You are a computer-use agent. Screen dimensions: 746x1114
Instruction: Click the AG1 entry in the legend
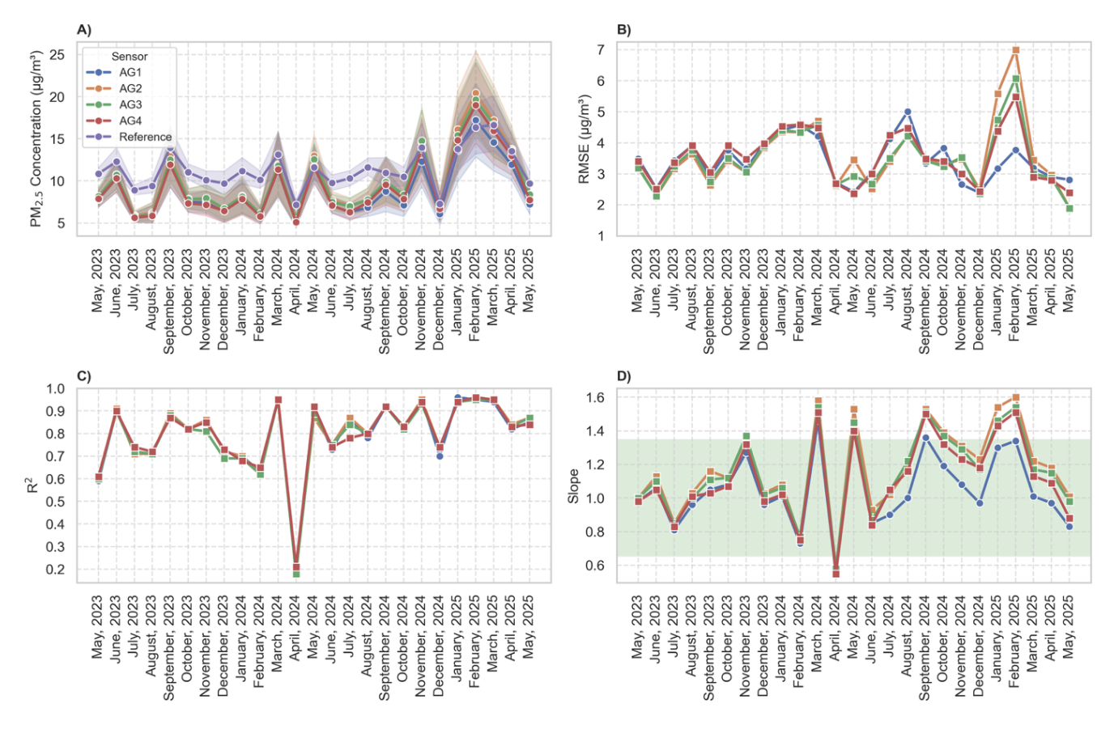(x=130, y=72)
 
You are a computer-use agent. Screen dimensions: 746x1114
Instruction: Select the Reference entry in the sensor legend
(x=145, y=137)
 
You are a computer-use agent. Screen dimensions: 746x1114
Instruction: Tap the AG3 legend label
(x=130, y=104)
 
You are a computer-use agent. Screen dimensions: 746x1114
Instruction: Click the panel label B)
(x=623, y=30)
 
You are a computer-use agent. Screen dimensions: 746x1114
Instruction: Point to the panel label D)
(x=623, y=376)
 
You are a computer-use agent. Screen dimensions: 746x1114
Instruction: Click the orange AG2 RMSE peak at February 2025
(x=1015, y=50)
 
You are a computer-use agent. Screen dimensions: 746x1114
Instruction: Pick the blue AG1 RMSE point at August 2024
(x=908, y=112)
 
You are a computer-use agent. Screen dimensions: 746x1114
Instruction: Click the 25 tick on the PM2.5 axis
(x=57, y=55)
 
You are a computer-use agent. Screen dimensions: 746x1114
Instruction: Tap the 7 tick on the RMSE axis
(x=601, y=50)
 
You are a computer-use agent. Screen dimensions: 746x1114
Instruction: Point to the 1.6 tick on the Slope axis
(x=596, y=398)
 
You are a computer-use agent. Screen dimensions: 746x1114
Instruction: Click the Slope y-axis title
(x=573, y=485)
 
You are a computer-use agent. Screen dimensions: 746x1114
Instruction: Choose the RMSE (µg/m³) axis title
(x=583, y=140)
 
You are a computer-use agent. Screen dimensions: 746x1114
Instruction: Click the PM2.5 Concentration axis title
(x=36, y=139)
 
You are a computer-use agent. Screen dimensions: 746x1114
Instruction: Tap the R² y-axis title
(x=32, y=485)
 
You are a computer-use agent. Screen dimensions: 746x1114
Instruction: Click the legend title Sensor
(x=130, y=57)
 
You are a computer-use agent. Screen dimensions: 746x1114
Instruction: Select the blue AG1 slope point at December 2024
(x=980, y=503)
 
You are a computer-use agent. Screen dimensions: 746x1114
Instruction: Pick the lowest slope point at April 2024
(x=835, y=574)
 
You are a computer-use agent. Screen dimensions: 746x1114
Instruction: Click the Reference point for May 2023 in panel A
(x=99, y=174)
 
